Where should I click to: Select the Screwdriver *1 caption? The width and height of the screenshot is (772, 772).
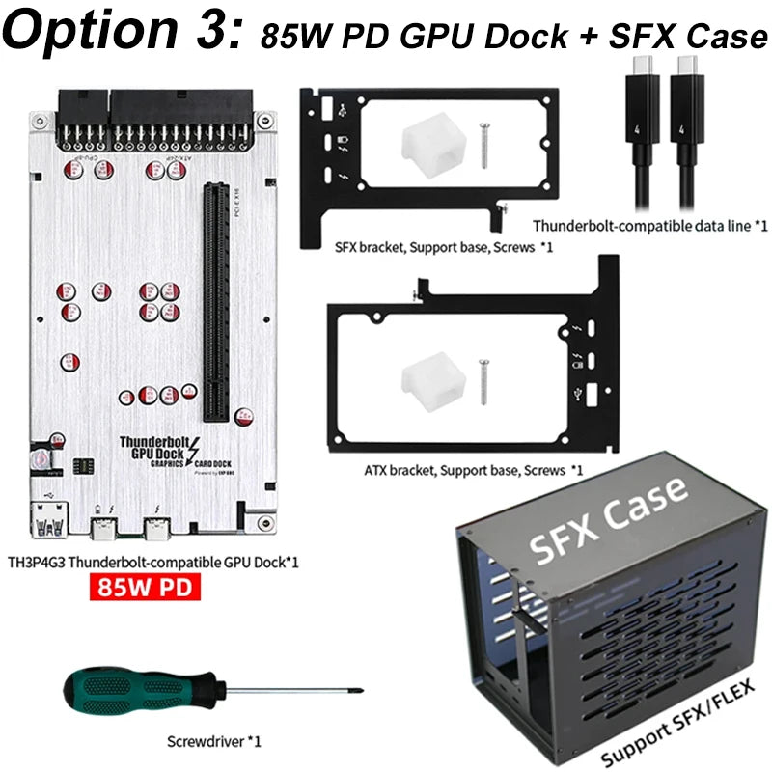pyautogui.click(x=212, y=741)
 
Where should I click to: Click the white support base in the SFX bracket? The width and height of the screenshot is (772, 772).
pyautogui.click(x=422, y=145)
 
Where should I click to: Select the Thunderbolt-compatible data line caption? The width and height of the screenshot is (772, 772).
pyautogui.click(x=648, y=226)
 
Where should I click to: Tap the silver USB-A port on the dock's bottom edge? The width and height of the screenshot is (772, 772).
pyautogui.click(x=46, y=527)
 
